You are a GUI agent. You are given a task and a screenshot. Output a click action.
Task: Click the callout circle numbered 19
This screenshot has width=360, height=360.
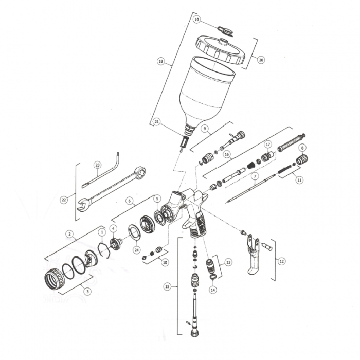196,19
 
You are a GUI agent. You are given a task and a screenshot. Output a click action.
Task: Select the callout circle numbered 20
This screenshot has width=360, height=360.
261,60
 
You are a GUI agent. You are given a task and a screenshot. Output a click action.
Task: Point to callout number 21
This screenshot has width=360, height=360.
156,122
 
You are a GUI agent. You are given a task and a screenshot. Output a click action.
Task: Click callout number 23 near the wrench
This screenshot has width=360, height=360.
97,165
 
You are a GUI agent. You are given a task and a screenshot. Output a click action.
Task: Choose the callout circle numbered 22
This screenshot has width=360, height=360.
63,200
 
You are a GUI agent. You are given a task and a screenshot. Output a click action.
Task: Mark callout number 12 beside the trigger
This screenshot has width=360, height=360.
281,261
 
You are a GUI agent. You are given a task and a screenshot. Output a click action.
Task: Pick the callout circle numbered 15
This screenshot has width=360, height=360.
167,286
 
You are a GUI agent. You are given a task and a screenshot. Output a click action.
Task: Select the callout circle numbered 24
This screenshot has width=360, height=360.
136,250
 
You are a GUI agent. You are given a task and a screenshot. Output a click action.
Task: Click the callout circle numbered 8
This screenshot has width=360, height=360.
302,148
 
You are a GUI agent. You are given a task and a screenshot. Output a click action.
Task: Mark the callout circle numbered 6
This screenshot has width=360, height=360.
130,201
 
